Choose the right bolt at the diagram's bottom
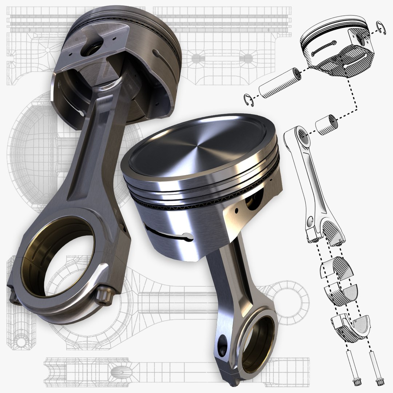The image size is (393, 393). (377, 368)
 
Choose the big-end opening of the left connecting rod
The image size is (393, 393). (58, 255)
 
